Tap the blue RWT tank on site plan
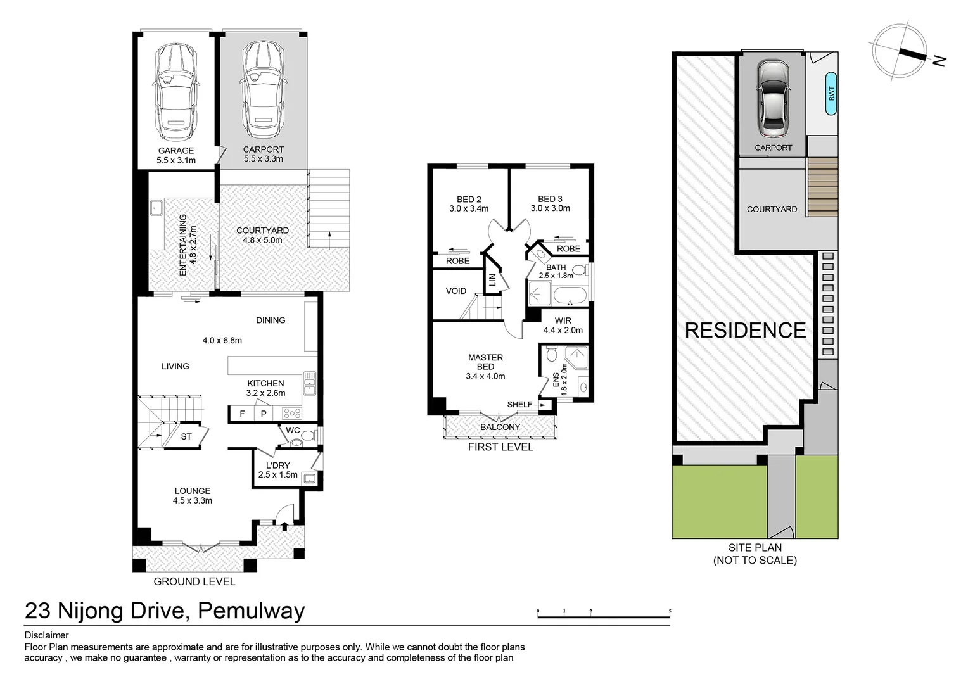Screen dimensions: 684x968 [831, 94]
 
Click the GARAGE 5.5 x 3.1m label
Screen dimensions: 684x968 [176, 155]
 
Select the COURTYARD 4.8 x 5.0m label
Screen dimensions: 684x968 [262, 235]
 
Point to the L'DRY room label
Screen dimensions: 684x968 [277, 470]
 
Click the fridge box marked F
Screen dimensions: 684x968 [241, 414]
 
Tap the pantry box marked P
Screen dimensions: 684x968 [263, 414]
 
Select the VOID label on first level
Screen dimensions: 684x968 [455, 291]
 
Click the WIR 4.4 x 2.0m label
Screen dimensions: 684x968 [563, 326]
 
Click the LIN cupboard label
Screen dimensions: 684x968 [492, 279]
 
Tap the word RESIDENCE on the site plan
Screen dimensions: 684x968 [745, 330]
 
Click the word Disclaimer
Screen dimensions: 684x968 [46, 635]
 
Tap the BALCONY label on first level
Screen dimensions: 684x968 [500, 427]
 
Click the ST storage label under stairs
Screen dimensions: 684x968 [186, 437]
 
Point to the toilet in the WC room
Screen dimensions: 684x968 [306, 436]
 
